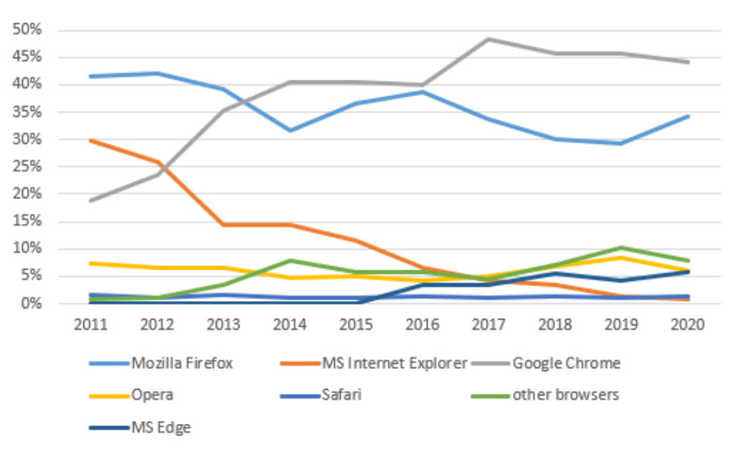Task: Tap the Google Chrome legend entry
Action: (x=566, y=364)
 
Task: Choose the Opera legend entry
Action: (x=153, y=395)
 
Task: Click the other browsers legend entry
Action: (x=565, y=395)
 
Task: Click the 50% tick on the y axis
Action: (x=27, y=30)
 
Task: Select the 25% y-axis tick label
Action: (x=27, y=167)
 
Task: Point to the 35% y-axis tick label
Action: (x=27, y=112)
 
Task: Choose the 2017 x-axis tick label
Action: (x=489, y=326)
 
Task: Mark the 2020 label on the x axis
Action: (x=688, y=326)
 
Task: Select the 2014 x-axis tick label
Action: (x=289, y=326)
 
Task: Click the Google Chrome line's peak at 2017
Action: (x=489, y=39)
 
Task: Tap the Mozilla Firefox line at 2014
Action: (x=289, y=130)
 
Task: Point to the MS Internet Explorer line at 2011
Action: (x=91, y=140)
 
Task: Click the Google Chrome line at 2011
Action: (x=91, y=200)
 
